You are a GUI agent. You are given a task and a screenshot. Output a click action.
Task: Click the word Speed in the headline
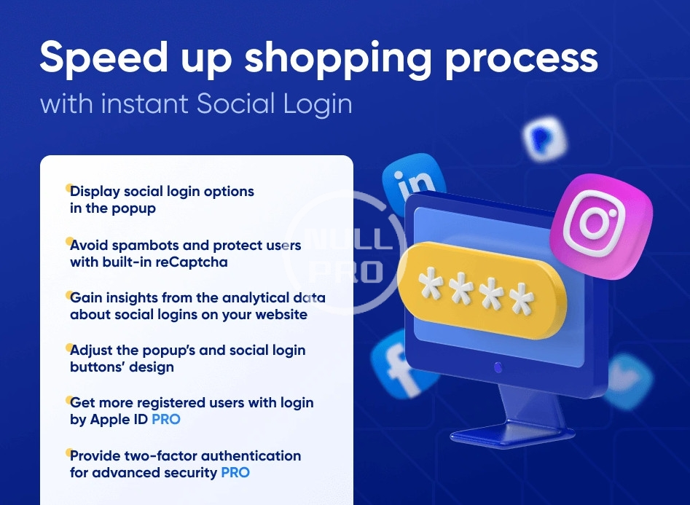point(104,57)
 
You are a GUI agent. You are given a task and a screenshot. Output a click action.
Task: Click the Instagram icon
point(601,225)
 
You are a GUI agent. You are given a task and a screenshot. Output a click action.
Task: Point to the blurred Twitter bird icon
point(629,381)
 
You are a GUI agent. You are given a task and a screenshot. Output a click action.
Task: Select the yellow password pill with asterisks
point(482,291)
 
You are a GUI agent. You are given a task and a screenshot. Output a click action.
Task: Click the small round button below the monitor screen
point(498,367)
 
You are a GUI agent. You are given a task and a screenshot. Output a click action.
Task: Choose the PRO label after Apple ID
point(166,419)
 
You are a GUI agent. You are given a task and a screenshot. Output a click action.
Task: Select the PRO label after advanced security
point(235,472)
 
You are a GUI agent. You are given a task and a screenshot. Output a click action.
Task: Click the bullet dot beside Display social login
point(69,188)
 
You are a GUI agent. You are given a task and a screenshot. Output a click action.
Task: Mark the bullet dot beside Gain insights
point(69,294)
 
